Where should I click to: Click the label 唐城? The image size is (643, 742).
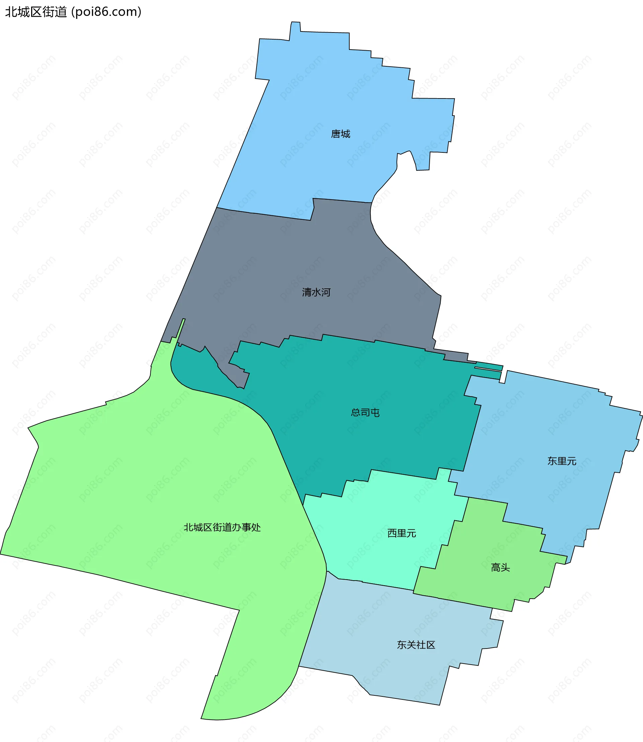340,134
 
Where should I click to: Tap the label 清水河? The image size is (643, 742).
316,292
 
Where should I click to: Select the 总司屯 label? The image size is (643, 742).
365,412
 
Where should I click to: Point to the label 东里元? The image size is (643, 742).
562,461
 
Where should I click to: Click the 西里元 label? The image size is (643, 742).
402,533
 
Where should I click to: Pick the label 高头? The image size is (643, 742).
500,567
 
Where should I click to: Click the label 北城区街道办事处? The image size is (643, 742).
222,527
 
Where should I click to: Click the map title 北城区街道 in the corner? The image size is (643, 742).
36,12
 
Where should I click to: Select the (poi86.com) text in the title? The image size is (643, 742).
106,12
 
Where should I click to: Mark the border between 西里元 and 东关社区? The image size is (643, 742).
387,586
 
